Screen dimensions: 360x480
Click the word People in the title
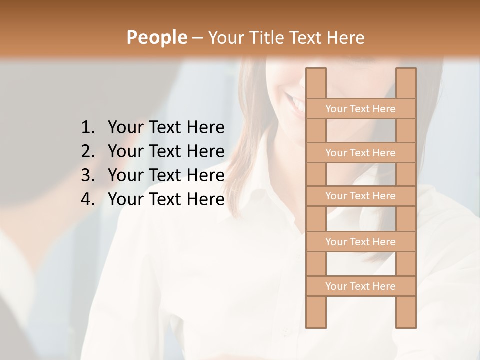156,37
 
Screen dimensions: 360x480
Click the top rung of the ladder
360,109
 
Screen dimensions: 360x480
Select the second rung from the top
360,153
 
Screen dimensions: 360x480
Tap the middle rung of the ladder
360,196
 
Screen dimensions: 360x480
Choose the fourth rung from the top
360,242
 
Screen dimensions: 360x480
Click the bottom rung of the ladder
360,286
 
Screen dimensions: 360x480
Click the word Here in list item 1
205,128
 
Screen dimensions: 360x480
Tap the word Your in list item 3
125,175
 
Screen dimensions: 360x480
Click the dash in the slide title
197,38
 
